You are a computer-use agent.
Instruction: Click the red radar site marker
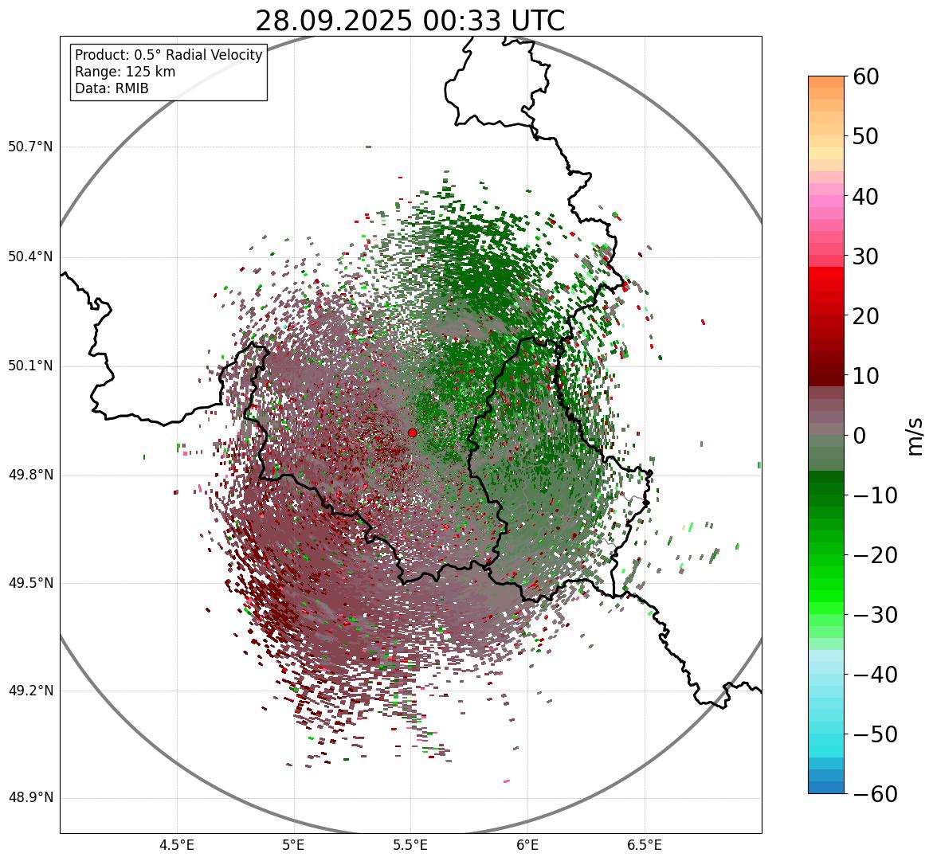pyautogui.click(x=412, y=432)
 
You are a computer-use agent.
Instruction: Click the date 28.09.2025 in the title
pyautogui.click(x=334, y=22)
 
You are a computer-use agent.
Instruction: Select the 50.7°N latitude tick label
pyautogui.click(x=30, y=147)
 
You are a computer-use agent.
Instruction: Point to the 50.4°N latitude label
pyautogui.click(x=30, y=256)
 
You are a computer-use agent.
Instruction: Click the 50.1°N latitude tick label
pyautogui.click(x=30, y=366)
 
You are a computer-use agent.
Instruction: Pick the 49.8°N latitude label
pyautogui.click(x=30, y=476)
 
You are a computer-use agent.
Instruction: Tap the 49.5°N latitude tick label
pyautogui.click(x=30, y=583)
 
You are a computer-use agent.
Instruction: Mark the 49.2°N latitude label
pyautogui.click(x=30, y=691)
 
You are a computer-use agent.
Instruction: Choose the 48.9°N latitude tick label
pyautogui.click(x=30, y=798)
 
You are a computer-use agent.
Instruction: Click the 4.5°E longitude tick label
pyautogui.click(x=177, y=844)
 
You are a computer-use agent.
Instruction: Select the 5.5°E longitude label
pyautogui.click(x=410, y=844)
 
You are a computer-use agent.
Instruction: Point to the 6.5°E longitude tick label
pyautogui.click(x=645, y=844)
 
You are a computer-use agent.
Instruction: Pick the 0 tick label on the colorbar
pyautogui.click(x=860, y=436)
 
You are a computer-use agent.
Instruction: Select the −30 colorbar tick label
pyautogui.click(x=875, y=615)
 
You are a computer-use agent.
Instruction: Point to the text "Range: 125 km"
pyautogui.click(x=125, y=72)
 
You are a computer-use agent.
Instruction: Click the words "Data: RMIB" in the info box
pyautogui.click(x=112, y=88)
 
